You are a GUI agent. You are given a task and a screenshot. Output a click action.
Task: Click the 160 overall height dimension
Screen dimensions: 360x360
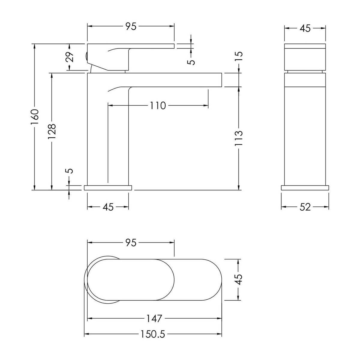[x=35, y=117]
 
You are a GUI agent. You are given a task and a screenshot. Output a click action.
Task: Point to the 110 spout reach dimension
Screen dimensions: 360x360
[x=158, y=106]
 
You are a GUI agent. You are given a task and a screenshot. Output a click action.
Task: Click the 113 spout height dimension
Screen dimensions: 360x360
[x=238, y=138]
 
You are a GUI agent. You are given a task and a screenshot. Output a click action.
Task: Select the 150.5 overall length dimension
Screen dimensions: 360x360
[x=153, y=334]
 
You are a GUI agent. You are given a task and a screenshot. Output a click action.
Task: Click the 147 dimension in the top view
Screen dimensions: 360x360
[x=154, y=319]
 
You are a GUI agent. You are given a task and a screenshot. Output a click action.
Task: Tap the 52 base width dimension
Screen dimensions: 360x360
[x=305, y=207]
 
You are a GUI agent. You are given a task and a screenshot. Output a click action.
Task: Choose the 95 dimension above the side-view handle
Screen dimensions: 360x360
[x=131, y=26]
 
